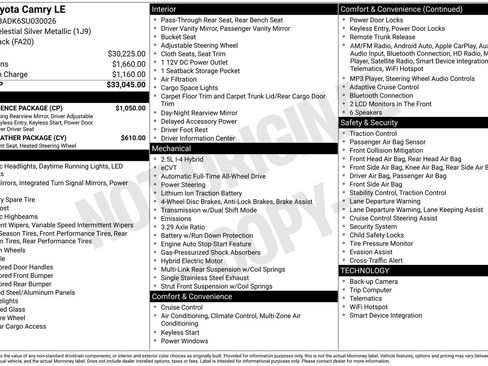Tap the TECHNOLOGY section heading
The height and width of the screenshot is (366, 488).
pyautogui.click(x=365, y=270)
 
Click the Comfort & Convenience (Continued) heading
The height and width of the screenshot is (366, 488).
pyautogui.click(x=400, y=8)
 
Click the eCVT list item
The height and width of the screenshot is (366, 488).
pyautogui.click(x=170, y=167)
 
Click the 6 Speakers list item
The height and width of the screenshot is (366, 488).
pyautogui.click(x=370, y=112)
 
